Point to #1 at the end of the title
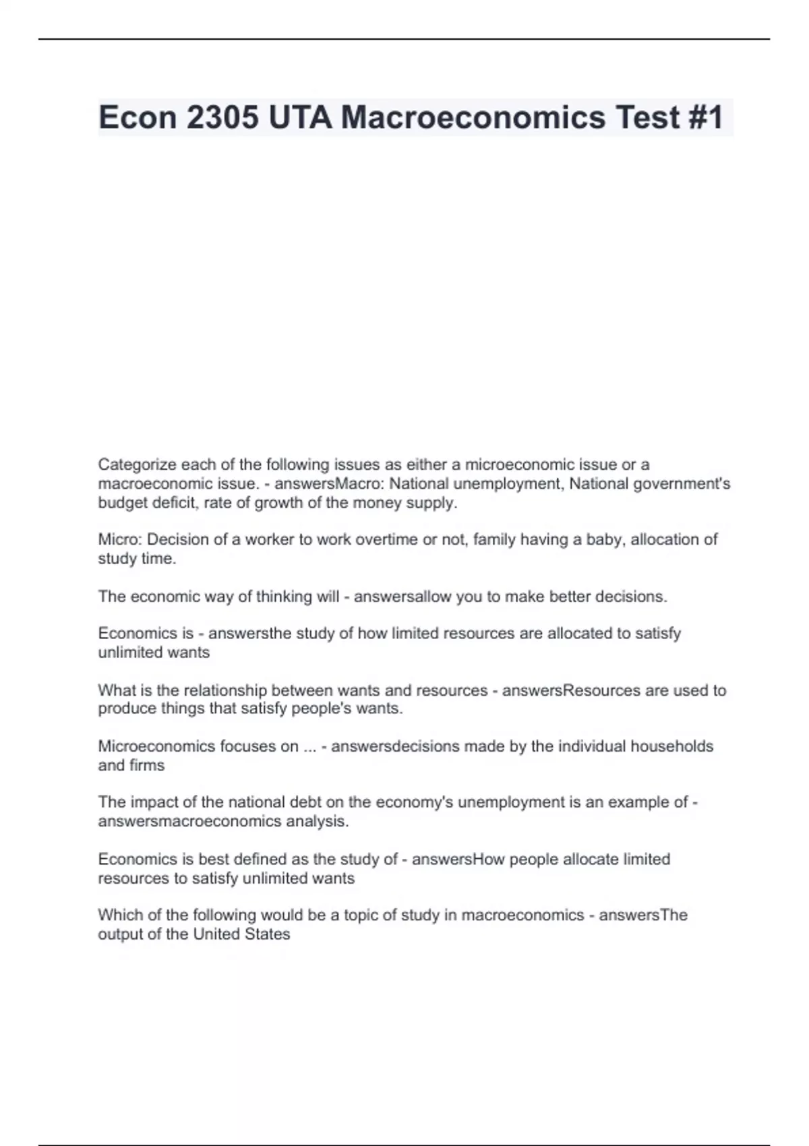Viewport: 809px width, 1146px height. pyautogui.click(x=706, y=117)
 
